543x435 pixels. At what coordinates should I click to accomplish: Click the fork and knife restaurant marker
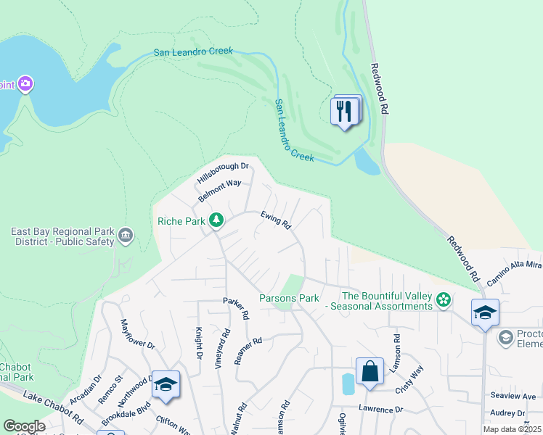(344, 112)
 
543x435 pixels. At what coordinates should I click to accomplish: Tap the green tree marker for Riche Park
(216, 220)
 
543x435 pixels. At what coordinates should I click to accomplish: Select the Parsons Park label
(290, 299)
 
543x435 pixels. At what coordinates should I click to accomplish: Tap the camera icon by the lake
(26, 85)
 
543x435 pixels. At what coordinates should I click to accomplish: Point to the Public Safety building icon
(125, 235)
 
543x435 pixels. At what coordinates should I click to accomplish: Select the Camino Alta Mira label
(515, 268)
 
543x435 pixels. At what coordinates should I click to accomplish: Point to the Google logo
(24, 426)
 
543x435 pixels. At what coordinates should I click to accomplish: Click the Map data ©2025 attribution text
(512, 429)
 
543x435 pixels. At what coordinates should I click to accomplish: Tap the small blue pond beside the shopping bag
(348, 383)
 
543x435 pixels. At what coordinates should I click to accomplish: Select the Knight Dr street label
(197, 342)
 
